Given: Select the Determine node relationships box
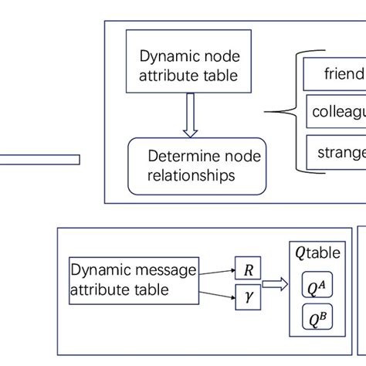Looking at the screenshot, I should click(196, 166).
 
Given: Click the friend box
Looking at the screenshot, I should click(334, 73).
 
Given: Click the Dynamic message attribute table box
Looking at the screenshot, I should click(133, 280).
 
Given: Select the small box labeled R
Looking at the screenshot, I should click(248, 270).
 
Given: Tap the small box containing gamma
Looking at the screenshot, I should click(248, 294).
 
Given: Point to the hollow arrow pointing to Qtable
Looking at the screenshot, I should click(276, 283).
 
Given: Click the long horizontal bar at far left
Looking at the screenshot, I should click(39, 159).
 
